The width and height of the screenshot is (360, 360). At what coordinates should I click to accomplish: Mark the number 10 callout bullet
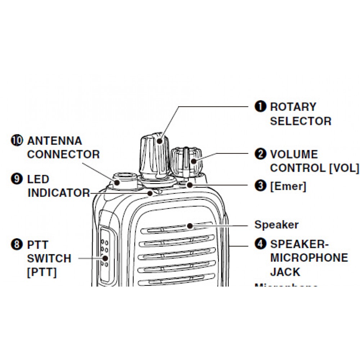click(17, 140)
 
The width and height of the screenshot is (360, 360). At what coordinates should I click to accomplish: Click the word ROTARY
click(293, 107)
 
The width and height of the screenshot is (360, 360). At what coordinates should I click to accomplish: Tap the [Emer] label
click(288, 186)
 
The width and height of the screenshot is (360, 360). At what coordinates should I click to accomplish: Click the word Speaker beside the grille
click(276, 225)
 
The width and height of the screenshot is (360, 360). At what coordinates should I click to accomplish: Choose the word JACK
click(285, 272)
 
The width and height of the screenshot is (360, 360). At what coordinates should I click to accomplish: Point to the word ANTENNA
click(55, 140)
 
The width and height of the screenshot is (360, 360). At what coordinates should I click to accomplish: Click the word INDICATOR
click(59, 193)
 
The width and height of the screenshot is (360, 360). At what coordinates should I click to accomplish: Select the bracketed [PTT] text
click(42, 272)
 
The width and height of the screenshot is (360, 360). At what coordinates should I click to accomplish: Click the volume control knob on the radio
click(186, 160)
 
